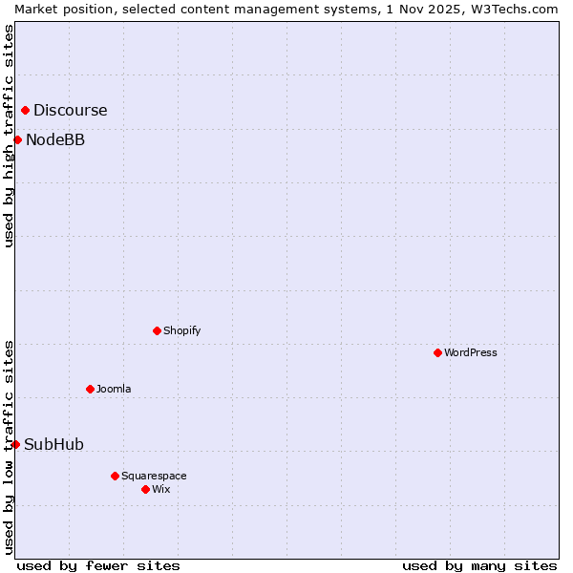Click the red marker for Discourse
(x=25, y=110)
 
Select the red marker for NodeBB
(x=17, y=139)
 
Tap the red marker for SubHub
(x=15, y=444)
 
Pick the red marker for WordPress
(x=437, y=352)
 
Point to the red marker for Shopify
(x=157, y=330)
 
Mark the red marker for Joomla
(x=90, y=389)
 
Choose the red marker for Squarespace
(x=115, y=476)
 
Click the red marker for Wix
(x=145, y=489)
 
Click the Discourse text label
(x=70, y=110)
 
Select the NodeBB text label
(x=55, y=139)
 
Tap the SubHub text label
(x=53, y=444)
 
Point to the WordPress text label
(x=471, y=352)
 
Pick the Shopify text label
(x=181, y=330)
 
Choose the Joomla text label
(x=114, y=389)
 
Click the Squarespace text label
(x=154, y=476)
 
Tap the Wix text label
(x=160, y=489)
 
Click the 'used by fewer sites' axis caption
(x=98, y=565)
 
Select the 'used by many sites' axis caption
(x=479, y=565)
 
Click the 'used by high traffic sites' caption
(x=9, y=136)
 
